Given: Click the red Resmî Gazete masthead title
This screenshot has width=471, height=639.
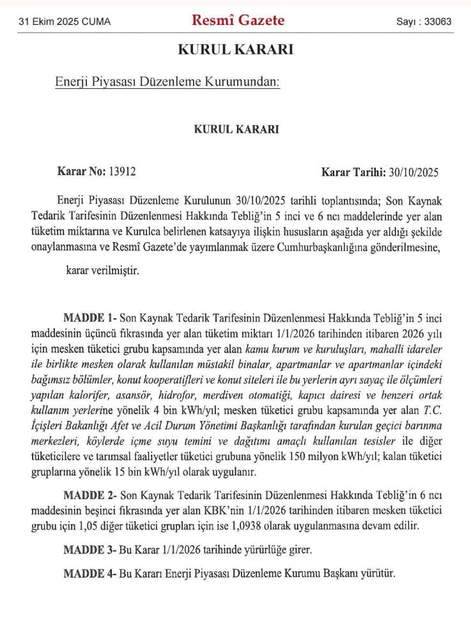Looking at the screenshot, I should pos(238,20).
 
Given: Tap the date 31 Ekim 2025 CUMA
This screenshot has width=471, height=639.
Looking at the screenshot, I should pos(65,22).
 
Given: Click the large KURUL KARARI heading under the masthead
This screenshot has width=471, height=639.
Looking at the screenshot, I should pos(235,49).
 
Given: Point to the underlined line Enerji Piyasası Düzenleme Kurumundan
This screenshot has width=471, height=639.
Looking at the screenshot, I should pos(168,82).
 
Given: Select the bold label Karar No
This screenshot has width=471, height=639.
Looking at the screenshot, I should pos(82,171).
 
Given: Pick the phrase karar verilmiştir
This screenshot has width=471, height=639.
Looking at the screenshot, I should pos(102,270).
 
